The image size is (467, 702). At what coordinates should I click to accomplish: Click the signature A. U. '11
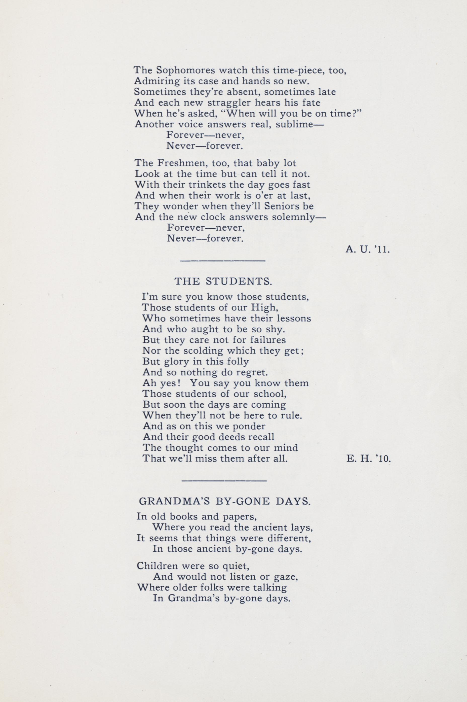pos(368,249)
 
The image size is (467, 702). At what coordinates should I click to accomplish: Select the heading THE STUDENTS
pos(223,281)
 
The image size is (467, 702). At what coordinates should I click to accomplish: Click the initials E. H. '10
pos(368,459)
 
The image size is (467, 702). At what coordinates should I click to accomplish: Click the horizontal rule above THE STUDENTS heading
pos(223,261)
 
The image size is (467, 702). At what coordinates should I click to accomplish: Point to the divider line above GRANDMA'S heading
pos(224,481)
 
